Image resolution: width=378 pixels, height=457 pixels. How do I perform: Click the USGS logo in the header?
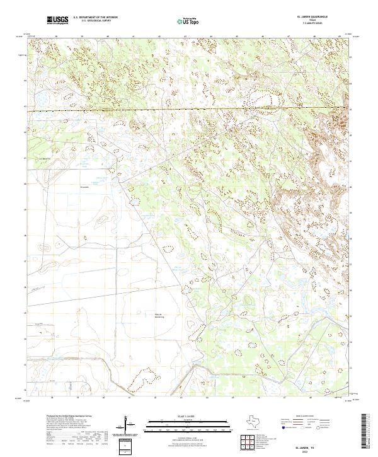[x=57, y=21]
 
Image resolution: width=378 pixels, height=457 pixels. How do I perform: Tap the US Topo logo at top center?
[x=184, y=21]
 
